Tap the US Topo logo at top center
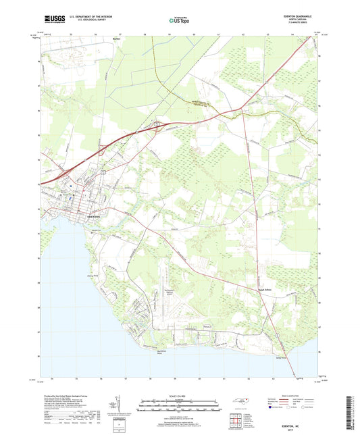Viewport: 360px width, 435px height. (179, 20)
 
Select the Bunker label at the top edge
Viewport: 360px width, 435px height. (115, 40)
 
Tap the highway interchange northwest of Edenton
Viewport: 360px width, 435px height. (157, 124)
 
